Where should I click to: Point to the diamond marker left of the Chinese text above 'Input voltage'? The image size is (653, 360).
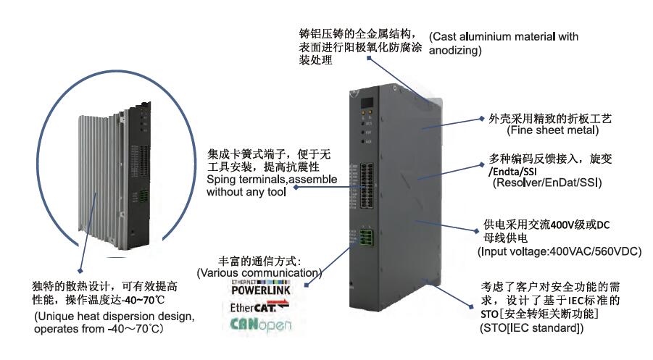[x=478, y=225]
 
